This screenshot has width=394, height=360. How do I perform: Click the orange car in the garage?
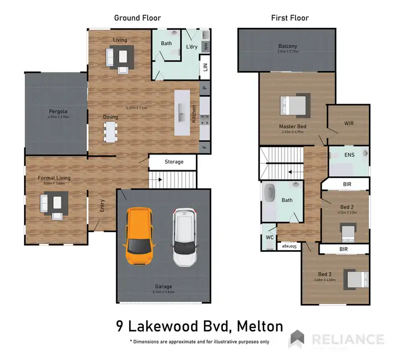[139, 237]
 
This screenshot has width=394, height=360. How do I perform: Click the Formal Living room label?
[54, 178]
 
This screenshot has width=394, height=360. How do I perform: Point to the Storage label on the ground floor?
[174, 162]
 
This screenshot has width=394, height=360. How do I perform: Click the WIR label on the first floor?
[349, 124]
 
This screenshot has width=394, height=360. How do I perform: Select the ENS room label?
[349, 156]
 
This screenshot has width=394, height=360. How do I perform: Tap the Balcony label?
[288, 46]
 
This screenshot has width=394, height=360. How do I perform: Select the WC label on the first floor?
[269, 237]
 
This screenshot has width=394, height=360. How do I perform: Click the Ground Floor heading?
[138, 18]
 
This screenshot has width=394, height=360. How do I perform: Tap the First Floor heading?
[289, 18]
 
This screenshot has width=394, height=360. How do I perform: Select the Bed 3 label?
[325, 274]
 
